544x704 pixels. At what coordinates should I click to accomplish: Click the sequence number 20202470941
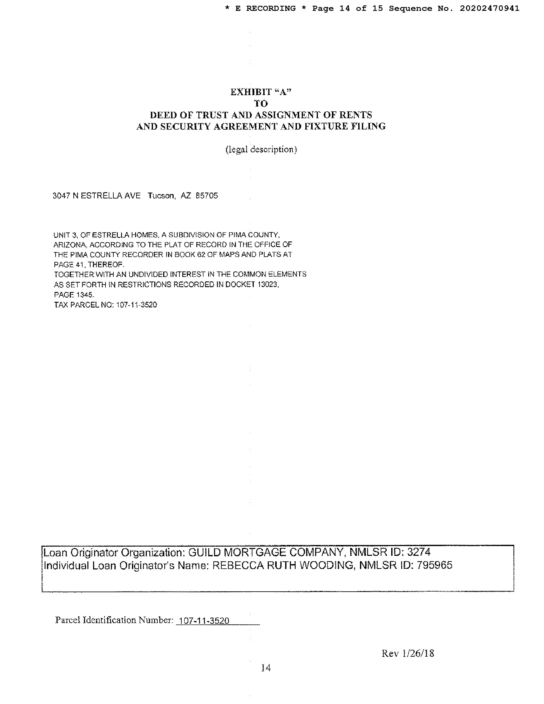(x=489, y=8)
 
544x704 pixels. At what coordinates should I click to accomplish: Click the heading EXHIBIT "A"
(x=261, y=92)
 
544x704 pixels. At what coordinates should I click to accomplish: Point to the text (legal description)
(x=261, y=149)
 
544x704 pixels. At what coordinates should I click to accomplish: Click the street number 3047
(x=61, y=196)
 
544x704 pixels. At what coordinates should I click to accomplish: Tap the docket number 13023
(x=268, y=285)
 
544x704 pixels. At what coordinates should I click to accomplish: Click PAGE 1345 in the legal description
(x=74, y=295)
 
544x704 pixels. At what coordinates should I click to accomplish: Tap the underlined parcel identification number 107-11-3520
(x=204, y=620)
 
